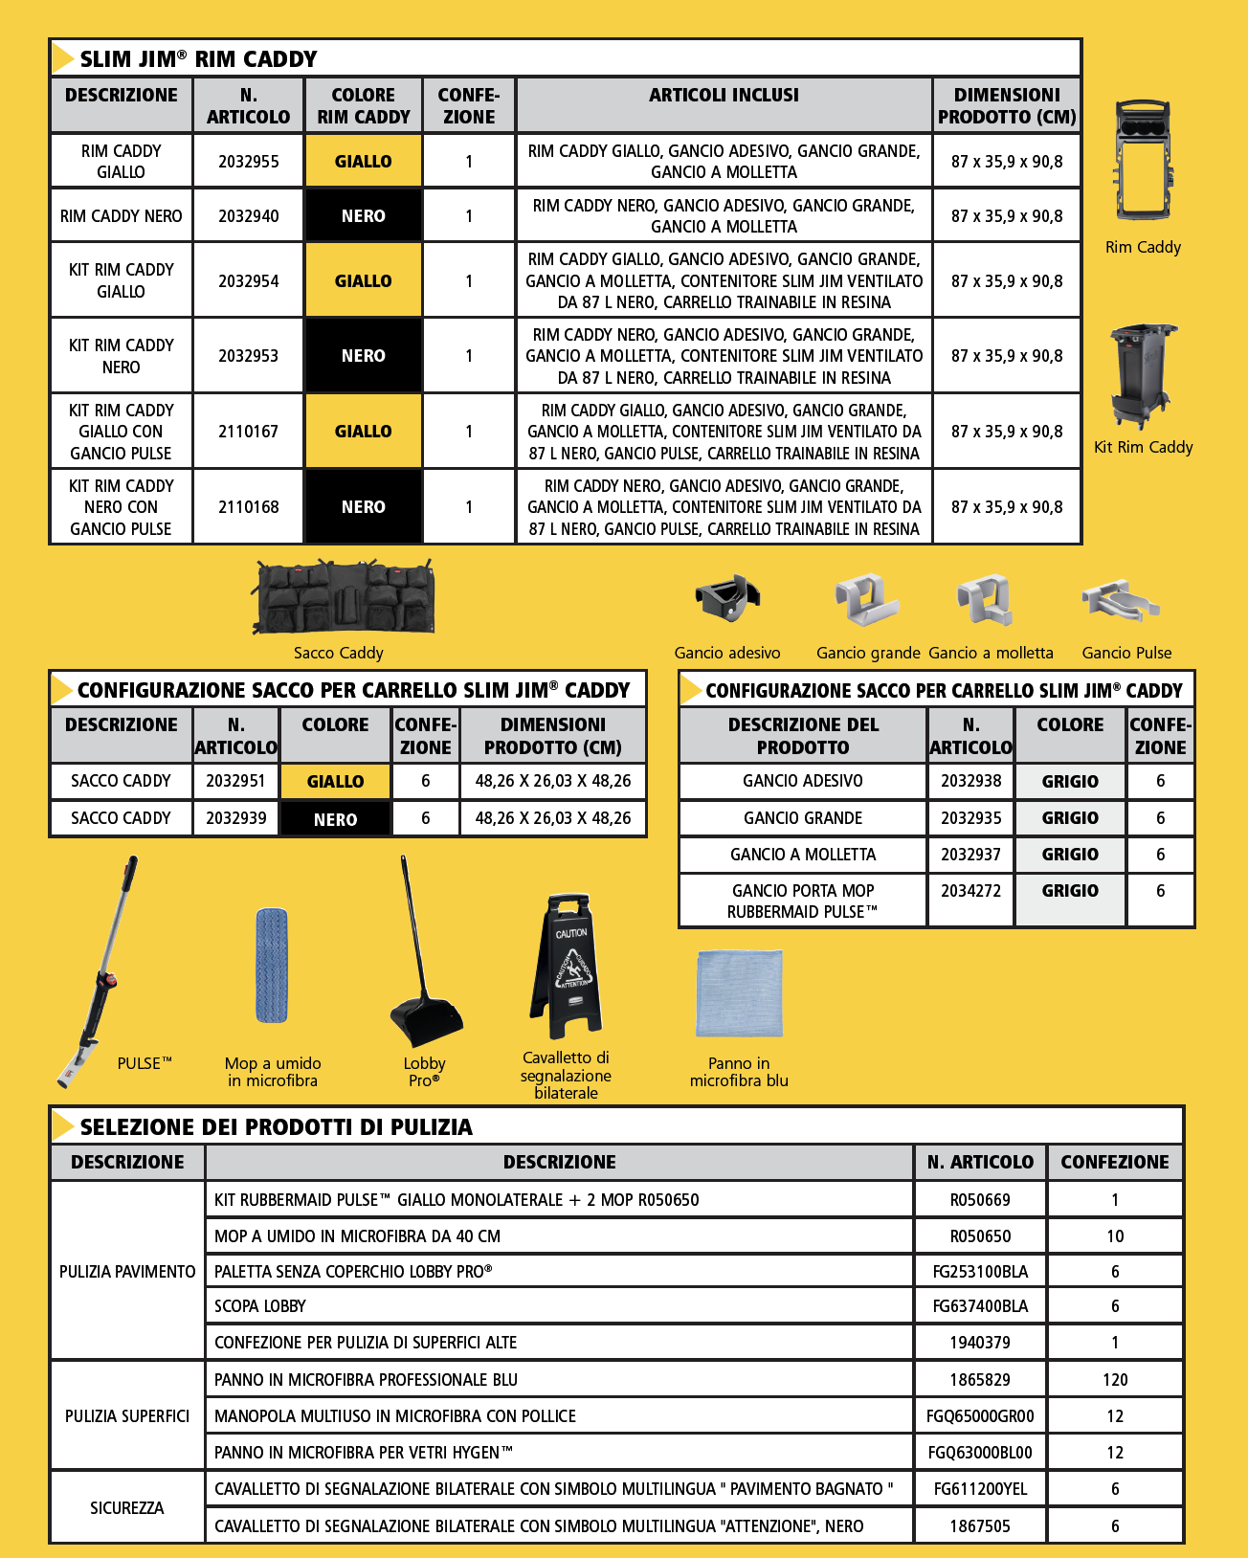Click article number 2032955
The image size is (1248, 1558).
[249, 162]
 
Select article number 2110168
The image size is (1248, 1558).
[249, 507]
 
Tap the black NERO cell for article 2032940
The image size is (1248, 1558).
[364, 216]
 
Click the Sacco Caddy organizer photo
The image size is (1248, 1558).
[343, 598]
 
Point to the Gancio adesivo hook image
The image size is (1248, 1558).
[727, 598]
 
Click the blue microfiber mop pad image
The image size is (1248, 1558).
[272, 967]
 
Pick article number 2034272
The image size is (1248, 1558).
[970, 891]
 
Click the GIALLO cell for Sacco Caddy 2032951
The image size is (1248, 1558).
[335, 782]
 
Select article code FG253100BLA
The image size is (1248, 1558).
[980, 1272]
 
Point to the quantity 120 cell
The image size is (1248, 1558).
[1115, 1380]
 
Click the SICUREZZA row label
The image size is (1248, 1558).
[127, 1508]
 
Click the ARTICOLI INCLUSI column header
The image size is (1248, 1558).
[724, 96]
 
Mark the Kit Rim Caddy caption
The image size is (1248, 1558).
[1143, 447]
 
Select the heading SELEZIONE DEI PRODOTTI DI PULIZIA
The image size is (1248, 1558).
[276, 1127]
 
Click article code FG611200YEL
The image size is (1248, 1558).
[980, 1489]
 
